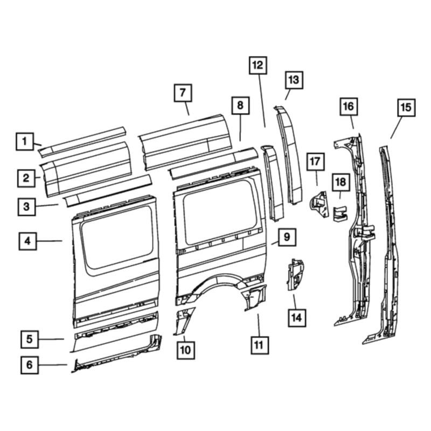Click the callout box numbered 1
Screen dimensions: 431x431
(x=25, y=142)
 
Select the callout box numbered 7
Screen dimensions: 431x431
(x=183, y=93)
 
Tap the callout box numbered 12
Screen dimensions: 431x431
(x=258, y=65)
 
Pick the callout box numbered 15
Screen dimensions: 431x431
(x=406, y=107)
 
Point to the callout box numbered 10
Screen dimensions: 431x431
(x=185, y=350)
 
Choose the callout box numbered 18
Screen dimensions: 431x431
(x=341, y=182)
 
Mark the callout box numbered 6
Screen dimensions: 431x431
(x=30, y=365)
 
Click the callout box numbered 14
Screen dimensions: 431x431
(x=297, y=318)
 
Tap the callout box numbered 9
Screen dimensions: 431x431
(x=287, y=237)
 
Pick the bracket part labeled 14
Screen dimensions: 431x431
(x=295, y=274)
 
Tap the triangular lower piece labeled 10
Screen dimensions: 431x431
(x=183, y=321)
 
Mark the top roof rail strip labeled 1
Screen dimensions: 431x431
(x=82, y=142)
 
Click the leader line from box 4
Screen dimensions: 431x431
(x=50, y=241)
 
